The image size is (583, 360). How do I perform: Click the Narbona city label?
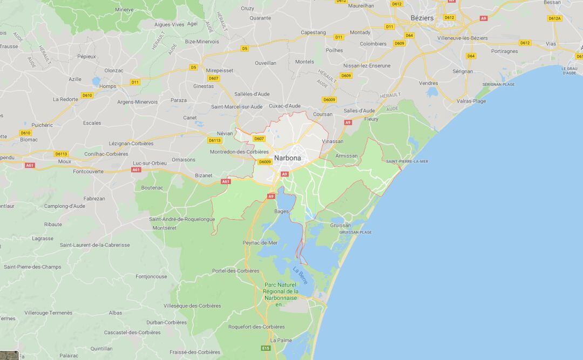pyautogui.click(x=287, y=158)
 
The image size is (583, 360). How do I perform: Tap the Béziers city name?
pyautogui.click(x=422, y=18)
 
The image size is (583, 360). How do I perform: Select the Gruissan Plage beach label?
pyautogui.click(x=355, y=232)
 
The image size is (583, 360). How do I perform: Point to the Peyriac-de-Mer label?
pyautogui.click(x=260, y=243)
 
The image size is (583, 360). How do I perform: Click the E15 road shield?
pyautogui.click(x=266, y=348)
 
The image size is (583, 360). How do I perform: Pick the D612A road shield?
pyautogui.click(x=554, y=18)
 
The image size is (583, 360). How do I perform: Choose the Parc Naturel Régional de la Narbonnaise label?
pyautogui.click(x=281, y=294)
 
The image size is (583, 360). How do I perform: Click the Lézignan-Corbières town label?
pyautogui.click(x=131, y=144)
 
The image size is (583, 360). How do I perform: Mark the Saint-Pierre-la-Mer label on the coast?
pyautogui.click(x=407, y=161)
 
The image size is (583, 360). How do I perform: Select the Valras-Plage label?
pyautogui.click(x=471, y=101)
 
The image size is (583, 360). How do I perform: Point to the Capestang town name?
pyautogui.click(x=313, y=32)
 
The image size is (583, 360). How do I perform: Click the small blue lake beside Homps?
pyautogui.click(x=96, y=81)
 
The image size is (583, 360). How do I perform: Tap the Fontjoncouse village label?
pyautogui.click(x=151, y=276)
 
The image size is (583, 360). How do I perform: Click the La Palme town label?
pyautogui.click(x=281, y=341)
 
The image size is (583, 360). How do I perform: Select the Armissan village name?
pyautogui.click(x=346, y=156)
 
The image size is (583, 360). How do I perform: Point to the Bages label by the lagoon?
pyautogui.click(x=281, y=212)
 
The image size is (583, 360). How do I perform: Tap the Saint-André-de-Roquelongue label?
pyautogui.click(x=182, y=219)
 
